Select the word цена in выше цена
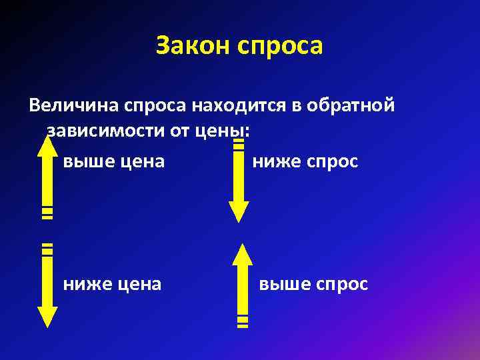143,162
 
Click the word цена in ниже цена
140,285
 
